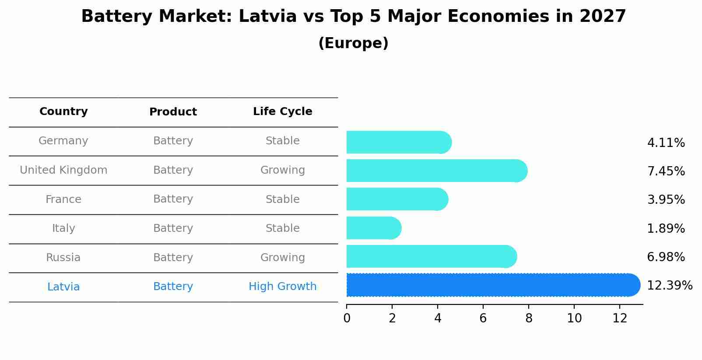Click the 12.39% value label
point(669,286)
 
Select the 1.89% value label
point(666,228)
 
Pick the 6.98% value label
point(666,257)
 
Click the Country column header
point(63,112)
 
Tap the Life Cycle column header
point(282,112)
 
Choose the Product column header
point(173,112)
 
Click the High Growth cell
point(282,287)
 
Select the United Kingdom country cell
point(63,170)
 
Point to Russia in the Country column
point(63,258)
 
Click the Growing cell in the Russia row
point(282,258)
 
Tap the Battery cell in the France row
point(173,199)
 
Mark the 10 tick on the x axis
point(574,318)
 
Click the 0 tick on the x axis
point(347,318)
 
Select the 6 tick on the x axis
point(483,318)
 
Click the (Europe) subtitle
point(353,43)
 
